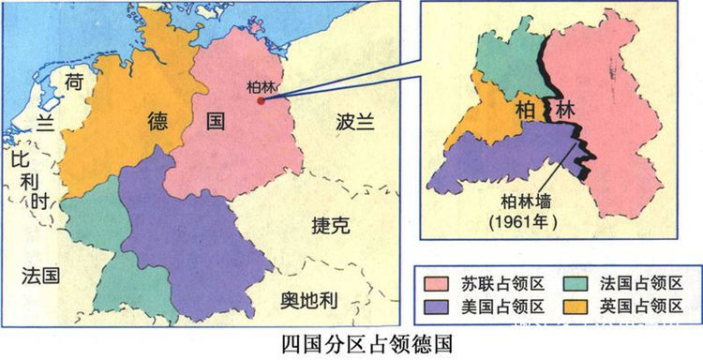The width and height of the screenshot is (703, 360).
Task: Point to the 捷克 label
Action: (x=330, y=225)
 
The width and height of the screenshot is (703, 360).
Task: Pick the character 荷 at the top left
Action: (x=74, y=82)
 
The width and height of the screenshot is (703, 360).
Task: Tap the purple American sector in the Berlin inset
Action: (x=506, y=155)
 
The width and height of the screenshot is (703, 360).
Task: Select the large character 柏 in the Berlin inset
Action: (x=525, y=111)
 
